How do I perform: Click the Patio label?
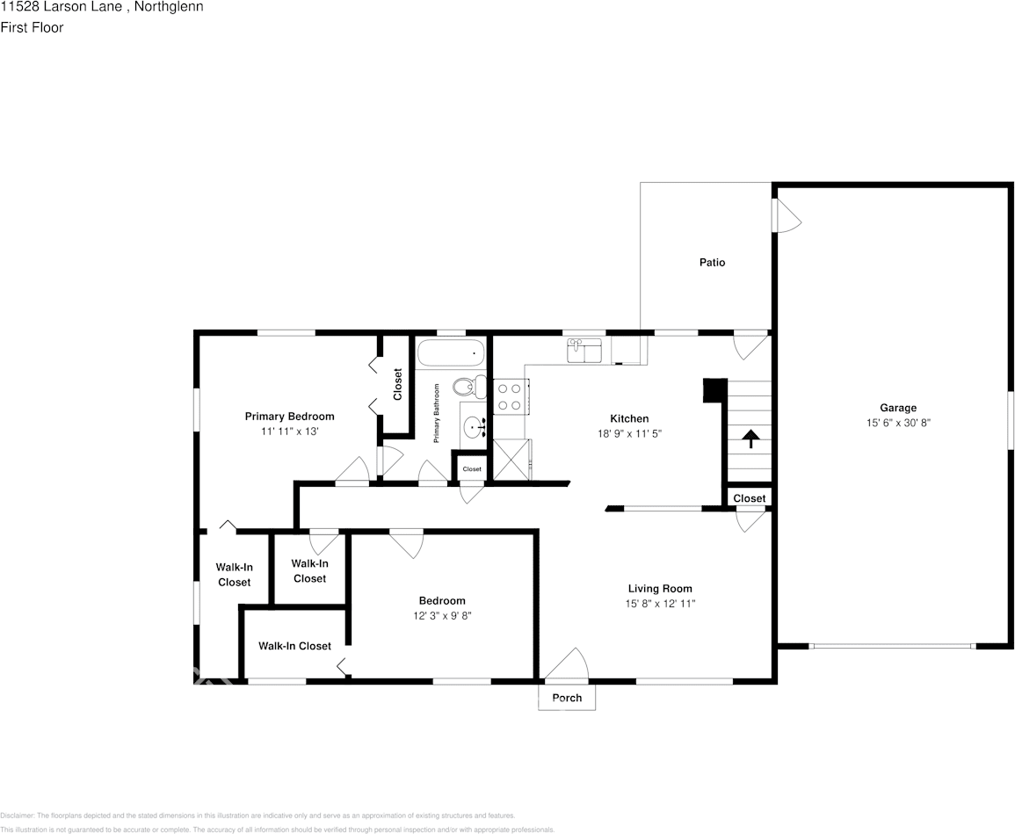coord(712,262)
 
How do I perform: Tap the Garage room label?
coord(898,408)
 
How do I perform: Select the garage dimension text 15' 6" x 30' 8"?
coord(898,423)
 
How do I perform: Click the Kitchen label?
coord(629,419)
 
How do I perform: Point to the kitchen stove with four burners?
coord(510,395)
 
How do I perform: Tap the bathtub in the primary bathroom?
coord(451,353)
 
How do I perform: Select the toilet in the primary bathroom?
coord(471,387)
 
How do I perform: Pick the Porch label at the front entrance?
coord(567,699)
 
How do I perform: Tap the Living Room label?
coord(659,589)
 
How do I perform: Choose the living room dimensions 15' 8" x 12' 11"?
coord(659,604)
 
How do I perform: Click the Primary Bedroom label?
coord(289,417)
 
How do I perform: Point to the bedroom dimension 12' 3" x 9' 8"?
coord(442,616)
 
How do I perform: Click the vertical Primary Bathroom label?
coord(436,412)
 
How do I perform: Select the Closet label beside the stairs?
coord(750,498)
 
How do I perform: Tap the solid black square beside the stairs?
coord(715,390)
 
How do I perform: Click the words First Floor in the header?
coord(32,27)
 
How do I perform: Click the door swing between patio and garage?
coord(787,216)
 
